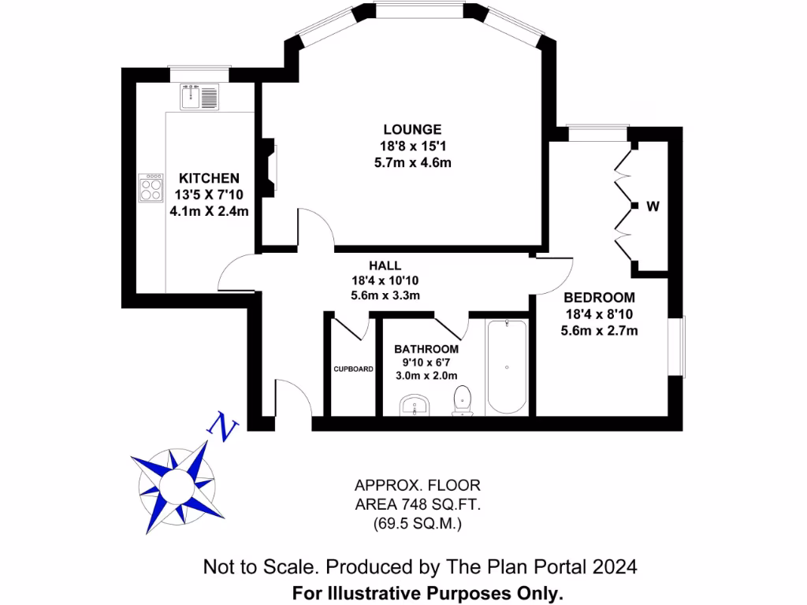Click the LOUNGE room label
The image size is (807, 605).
click(412, 129)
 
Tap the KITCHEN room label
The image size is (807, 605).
click(209, 178)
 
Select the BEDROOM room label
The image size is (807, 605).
click(599, 298)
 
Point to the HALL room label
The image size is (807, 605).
click(385, 265)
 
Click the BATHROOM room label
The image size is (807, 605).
click(426, 349)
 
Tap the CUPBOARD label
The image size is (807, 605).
click(353, 368)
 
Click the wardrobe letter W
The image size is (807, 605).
click(653, 206)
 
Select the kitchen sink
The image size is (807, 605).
click(199, 97)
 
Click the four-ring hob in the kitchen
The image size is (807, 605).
click(151, 187)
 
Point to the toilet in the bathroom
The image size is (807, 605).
click(463, 400)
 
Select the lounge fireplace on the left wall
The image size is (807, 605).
click(270, 165)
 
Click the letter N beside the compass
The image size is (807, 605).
click(223, 426)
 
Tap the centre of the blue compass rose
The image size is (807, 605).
click(174, 480)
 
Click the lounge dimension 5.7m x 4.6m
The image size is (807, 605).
click(412, 162)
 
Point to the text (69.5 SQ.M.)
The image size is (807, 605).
click(417, 521)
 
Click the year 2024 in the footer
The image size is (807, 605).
click(608, 566)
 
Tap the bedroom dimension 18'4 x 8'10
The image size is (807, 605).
click(599, 314)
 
